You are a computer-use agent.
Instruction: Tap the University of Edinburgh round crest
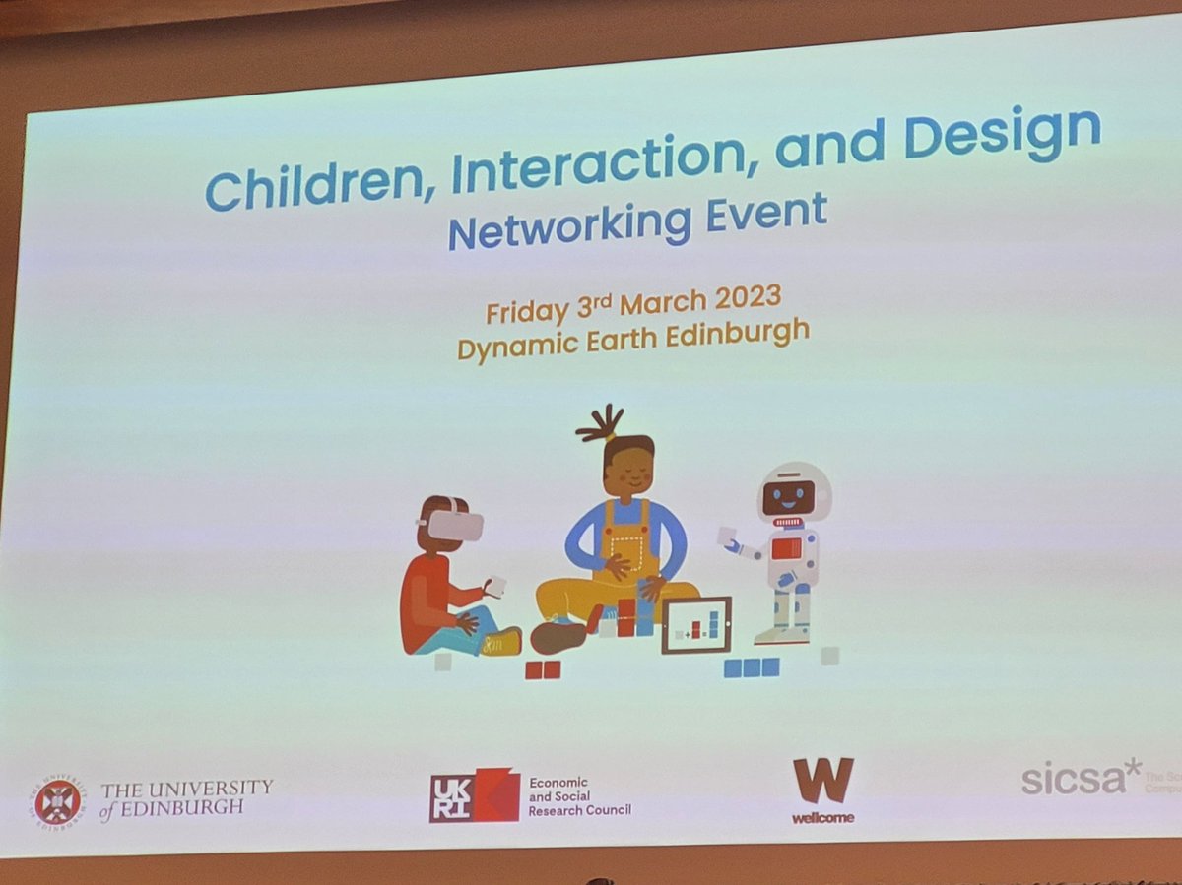(x=57, y=800)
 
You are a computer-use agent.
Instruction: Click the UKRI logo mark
(x=474, y=795)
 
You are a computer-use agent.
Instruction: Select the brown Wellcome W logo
(x=823, y=781)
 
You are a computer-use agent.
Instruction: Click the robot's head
(x=792, y=493)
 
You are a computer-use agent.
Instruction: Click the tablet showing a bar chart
(x=695, y=625)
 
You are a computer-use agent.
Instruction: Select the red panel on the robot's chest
(x=786, y=549)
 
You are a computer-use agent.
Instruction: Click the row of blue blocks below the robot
(x=752, y=667)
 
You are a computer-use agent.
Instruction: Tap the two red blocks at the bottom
(x=542, y=669)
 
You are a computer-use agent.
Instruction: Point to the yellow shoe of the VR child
(x=503, y=643)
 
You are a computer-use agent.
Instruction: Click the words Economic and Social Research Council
(x=579, y=796)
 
